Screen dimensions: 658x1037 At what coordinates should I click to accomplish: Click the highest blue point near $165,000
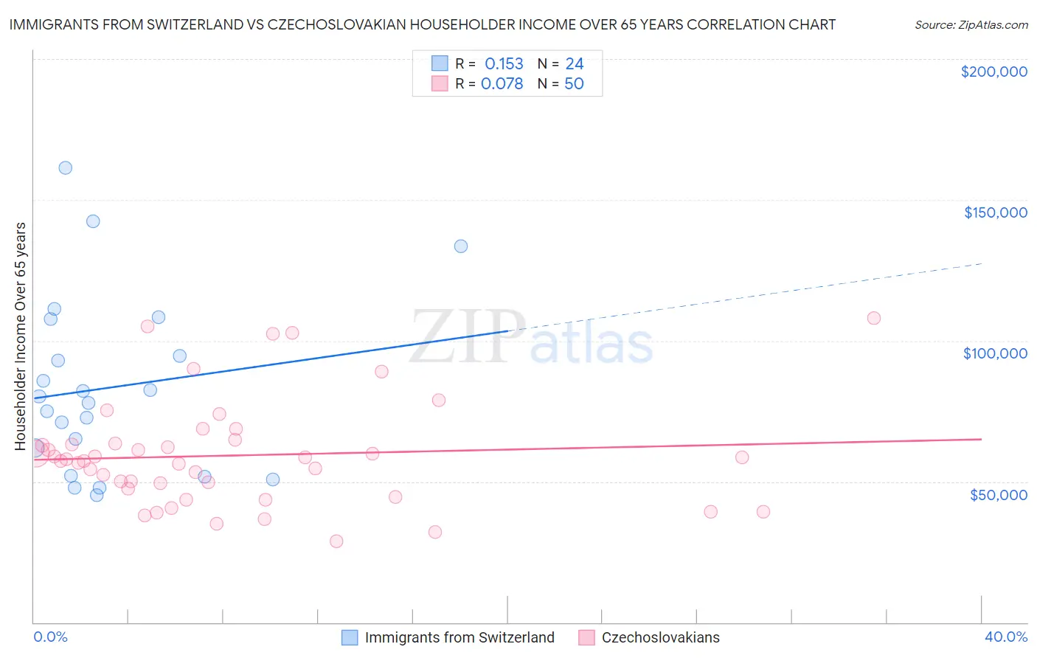coord(66,167)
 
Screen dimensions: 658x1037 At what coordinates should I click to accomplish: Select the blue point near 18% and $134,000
coord(461,246)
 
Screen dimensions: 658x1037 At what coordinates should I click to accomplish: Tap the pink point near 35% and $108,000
coord(874,318)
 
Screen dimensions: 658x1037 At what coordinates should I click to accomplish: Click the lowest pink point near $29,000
coord(336,541)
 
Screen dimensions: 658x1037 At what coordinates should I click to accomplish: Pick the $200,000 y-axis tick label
coord(993,72)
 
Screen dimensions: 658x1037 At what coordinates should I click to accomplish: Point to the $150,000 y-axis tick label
coord(995,212)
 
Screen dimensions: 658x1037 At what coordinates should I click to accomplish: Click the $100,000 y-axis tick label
coord(995,353)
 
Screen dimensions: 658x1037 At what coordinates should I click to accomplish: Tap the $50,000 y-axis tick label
coord(998,494)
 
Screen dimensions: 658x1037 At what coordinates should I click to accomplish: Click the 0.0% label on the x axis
coord(50,637)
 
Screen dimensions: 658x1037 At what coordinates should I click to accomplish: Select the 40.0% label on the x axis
coord(1005,637)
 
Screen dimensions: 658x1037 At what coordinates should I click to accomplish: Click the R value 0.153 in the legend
coord(504,63)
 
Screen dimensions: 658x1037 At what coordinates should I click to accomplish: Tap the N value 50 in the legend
coord(574,83)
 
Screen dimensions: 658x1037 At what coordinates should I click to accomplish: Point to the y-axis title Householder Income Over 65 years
coord(21,336)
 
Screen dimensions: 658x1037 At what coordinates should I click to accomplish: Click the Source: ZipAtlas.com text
coord(971,24)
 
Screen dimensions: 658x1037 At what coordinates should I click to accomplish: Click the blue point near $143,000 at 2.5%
coord(93,221)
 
